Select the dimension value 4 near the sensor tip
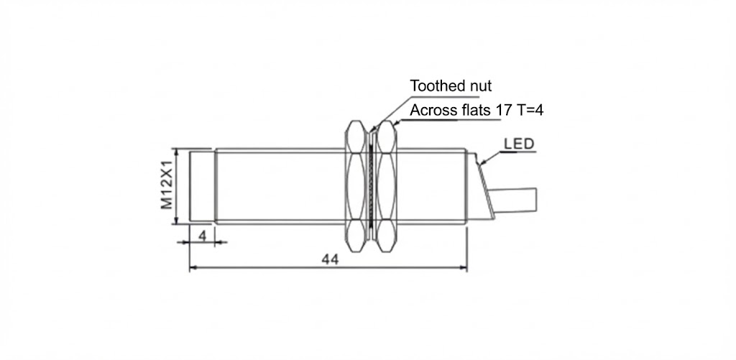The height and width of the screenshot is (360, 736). pyautogui.click(x=202, y=235)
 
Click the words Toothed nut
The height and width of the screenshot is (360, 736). pyautogui.click(x=451, y=86)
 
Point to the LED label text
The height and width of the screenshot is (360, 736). pyautogui.click(x=518, y=144)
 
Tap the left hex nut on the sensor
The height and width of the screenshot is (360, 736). pyautogui.click(x=355, y=186)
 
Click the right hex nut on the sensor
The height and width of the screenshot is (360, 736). pyautogui.click(x=387, y=186)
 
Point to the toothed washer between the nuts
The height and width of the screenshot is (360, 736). pyautogui.click(x=371, y=187)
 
